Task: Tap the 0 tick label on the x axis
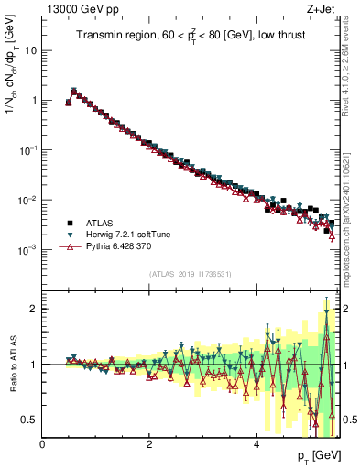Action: click(x=42, y=443)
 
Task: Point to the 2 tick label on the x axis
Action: click(x=149, y=443)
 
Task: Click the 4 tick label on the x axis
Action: click(x=256, y=443)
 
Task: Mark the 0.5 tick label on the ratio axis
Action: click(x=29, y=420)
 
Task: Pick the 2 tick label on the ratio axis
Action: click(x=34, y=309)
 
